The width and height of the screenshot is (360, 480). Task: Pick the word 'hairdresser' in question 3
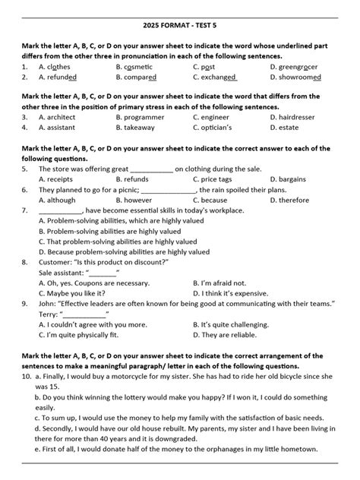click(x=299, y=118)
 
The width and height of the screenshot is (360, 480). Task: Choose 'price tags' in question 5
click(x=217, y=179)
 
